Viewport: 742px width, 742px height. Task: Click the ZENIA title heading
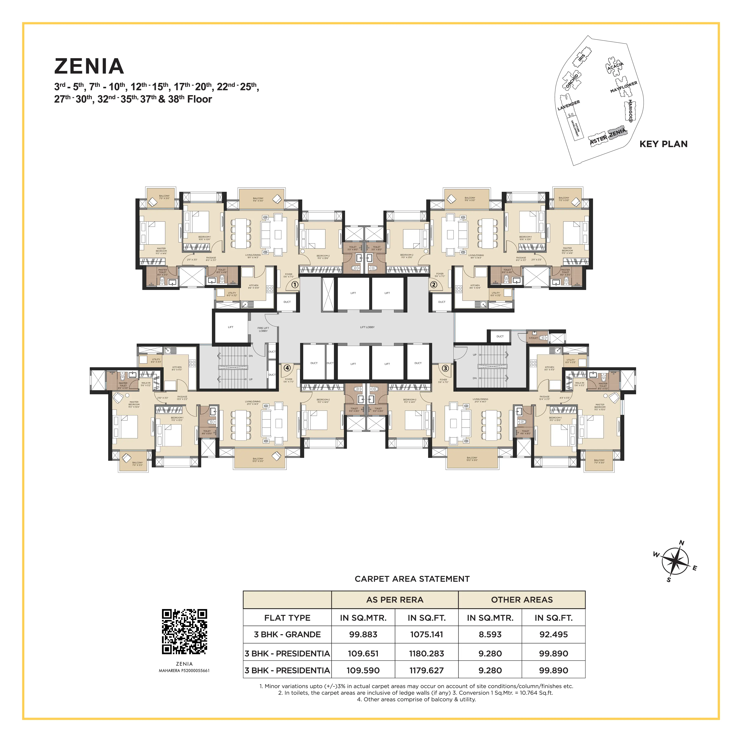tap(89, 66)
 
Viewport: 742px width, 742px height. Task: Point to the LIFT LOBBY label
tap(367, 327)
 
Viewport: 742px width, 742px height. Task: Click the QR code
tap(184, 631)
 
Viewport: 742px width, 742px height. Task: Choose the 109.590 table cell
tap(363, 670)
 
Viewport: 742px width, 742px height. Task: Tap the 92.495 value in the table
tap(553, 634)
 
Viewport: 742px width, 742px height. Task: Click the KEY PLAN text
tap(663, 144)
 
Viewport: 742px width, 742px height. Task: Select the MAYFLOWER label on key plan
tap(624, 87)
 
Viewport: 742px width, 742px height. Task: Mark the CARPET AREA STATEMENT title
tap(412, 579)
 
